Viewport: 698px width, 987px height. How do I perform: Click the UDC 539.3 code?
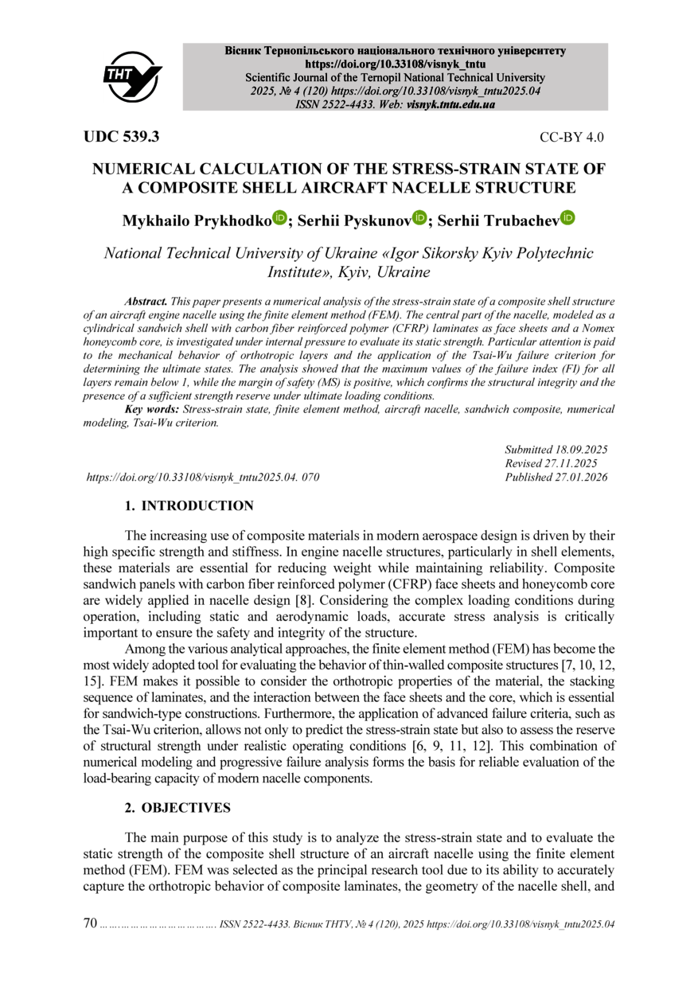[122, 136]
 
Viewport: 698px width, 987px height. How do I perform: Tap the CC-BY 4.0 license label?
[571, 137]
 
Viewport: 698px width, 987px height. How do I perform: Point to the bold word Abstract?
[146, 302]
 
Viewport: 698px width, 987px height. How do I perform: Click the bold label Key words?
[153, 409]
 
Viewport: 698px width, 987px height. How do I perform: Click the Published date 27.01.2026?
[580, 478]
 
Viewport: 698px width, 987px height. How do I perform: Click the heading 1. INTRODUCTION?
[189, 506]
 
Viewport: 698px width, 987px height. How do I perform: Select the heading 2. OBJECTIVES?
[178, 808]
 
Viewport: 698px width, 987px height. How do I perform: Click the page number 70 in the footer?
[91, 923]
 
